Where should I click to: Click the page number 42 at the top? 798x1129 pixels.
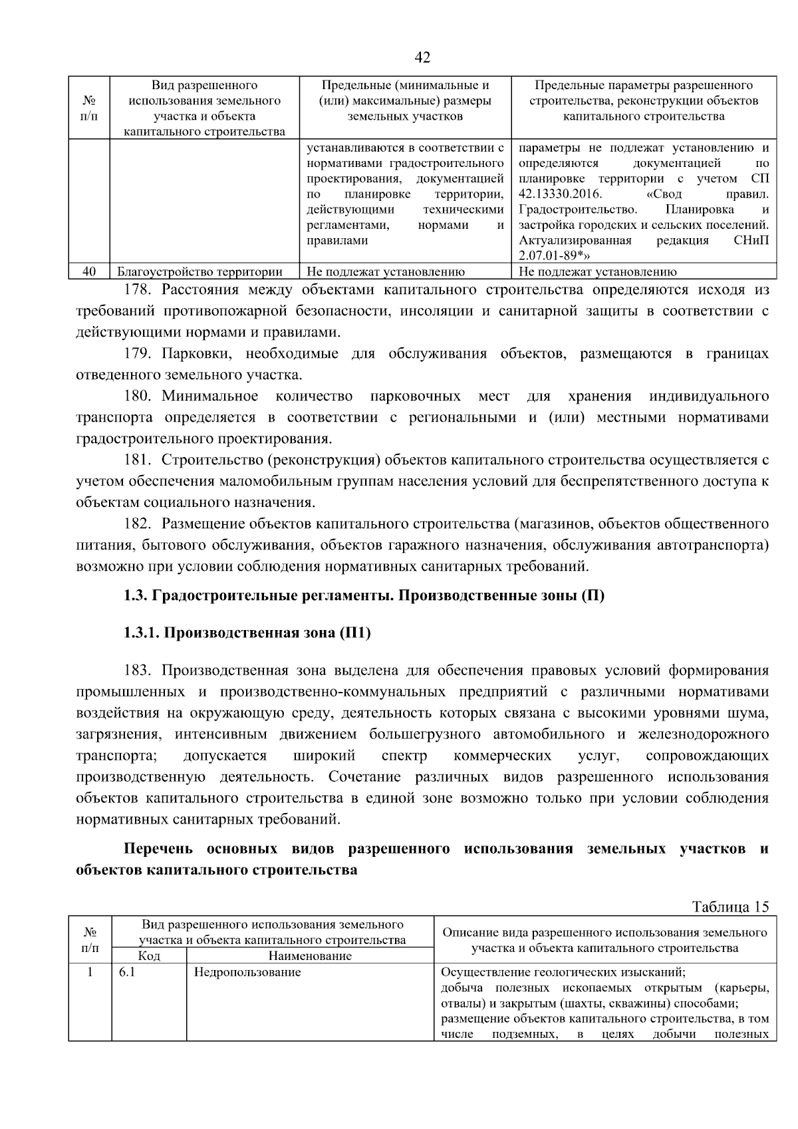422,58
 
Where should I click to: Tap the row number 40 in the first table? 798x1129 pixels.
89,271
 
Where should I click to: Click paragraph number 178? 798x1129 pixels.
138,290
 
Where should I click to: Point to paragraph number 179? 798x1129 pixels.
138,354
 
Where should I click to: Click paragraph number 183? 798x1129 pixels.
138,670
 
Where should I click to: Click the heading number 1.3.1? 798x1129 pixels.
142,633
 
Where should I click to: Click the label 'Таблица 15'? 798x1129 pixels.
730,907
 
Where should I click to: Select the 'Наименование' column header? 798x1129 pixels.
310,956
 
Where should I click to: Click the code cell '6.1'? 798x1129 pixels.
127,972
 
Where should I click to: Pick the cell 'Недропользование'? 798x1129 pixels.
247,972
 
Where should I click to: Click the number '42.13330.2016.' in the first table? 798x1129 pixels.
560,194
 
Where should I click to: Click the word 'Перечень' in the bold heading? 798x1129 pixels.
158,849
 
